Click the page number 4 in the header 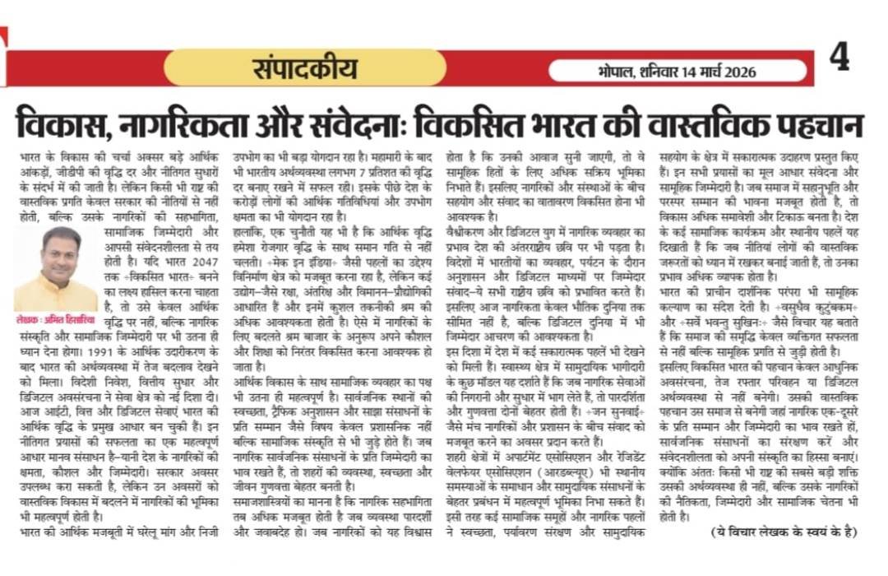point(839,58)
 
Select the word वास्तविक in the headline point(696,124)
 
